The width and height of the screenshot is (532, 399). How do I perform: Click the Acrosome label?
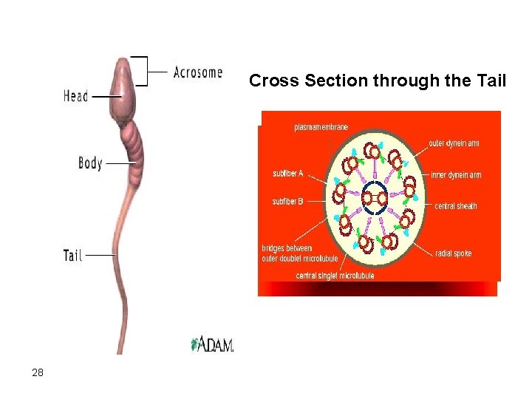(197, 72)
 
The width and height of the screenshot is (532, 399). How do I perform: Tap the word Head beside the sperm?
(75, 96)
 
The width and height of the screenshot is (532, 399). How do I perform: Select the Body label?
(90, 163)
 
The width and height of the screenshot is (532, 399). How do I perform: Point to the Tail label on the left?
(73, 255)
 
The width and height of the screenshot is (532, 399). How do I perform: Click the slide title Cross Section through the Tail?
(378, 81)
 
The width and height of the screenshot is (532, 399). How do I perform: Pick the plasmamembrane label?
(321, 127)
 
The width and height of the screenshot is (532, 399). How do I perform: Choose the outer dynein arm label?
(453, 143)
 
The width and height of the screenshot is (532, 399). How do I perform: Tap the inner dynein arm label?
(456, 175)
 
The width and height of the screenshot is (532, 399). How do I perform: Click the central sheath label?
(456, 206)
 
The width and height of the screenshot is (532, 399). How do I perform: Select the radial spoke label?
(454, 253)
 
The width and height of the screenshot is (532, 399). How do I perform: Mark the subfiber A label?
(288, 174)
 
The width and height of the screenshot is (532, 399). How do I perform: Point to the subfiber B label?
(288, 200)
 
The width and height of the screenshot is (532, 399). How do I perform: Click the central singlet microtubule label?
(335, 276)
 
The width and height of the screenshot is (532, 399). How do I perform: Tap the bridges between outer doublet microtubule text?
(299, 253)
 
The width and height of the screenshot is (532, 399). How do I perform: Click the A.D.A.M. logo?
(213, 344)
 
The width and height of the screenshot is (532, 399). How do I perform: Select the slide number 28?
(38, 373)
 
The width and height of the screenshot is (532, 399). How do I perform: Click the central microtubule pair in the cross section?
(375, 197)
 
